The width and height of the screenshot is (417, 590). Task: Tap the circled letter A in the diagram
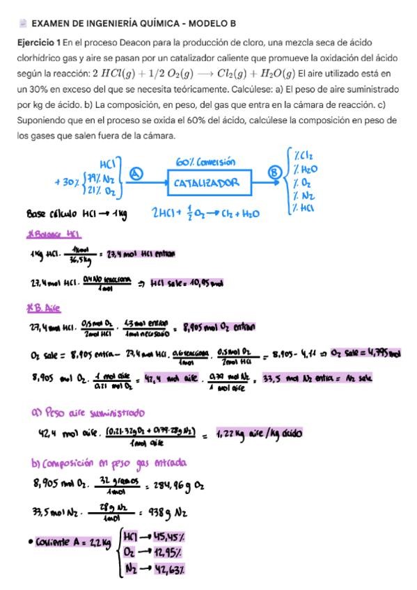pos(137,175)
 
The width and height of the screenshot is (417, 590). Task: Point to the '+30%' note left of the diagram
pos(65,182)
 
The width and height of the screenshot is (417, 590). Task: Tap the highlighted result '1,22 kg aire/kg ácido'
pos(259,433)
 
